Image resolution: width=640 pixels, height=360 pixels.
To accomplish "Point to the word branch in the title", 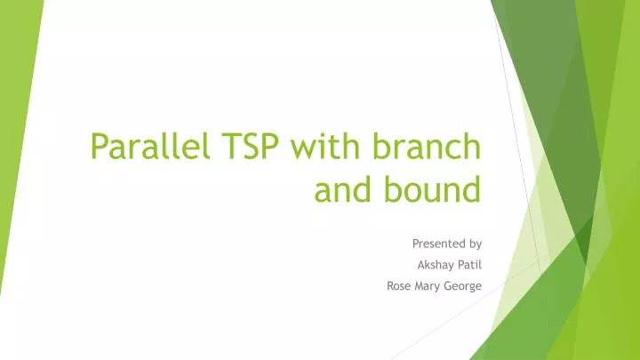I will pos(420,146).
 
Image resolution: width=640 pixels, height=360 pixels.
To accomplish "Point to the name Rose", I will pos(399,285).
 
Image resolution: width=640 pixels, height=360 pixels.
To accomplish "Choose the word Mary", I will pos(429,285).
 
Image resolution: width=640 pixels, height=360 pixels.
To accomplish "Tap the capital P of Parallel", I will pos(101,146).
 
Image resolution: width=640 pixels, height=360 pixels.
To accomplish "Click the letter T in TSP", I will pos(213,146).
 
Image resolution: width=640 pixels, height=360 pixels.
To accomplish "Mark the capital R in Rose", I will pos(390,285).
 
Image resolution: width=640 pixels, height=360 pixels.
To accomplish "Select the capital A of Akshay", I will pos(420,264).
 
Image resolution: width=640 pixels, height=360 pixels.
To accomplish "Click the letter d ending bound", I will pos(471,188).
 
